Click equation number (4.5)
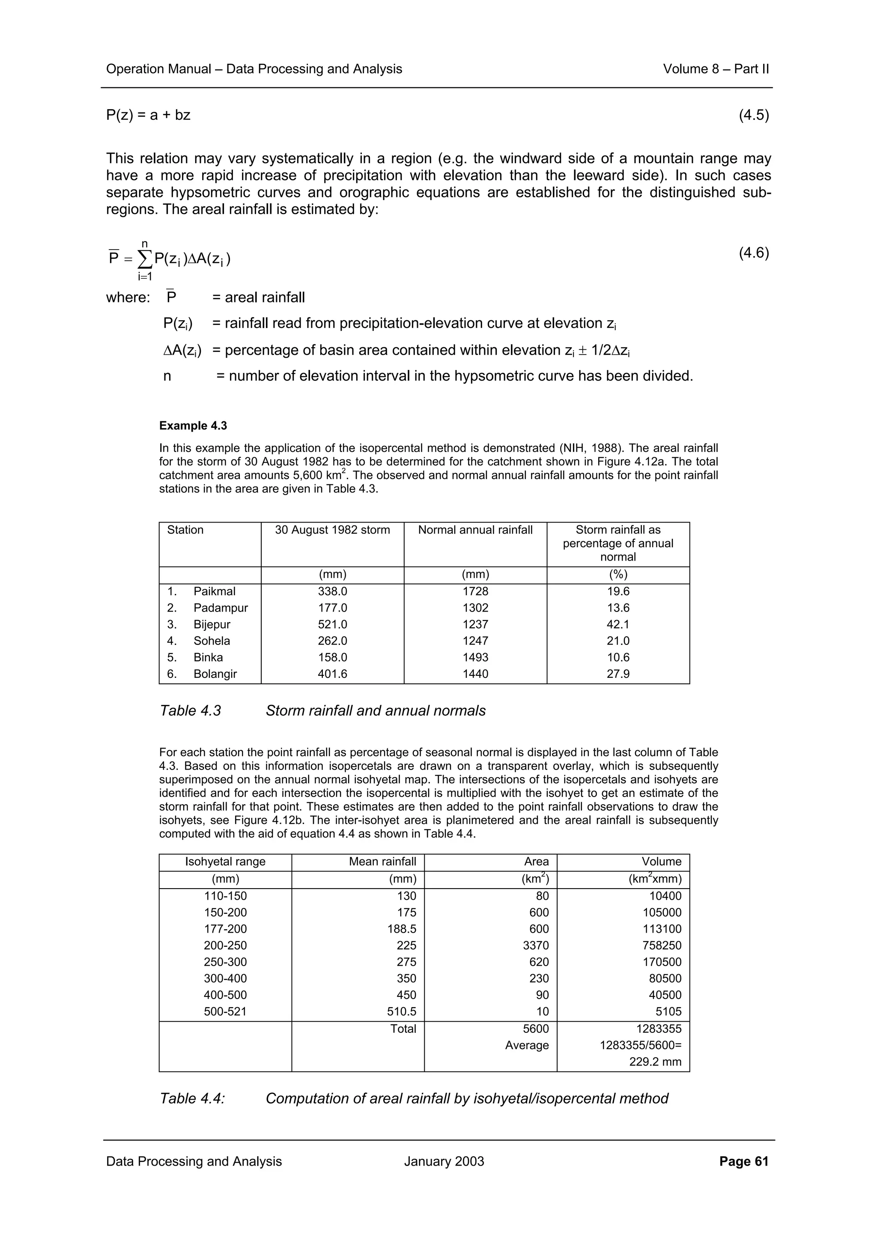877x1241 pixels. coord(753,115)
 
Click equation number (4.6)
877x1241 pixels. coord(753,253)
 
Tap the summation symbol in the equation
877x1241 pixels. coord(144,260)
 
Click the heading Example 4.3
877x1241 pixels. coord(193,426)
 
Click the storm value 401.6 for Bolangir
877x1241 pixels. coord(332,674)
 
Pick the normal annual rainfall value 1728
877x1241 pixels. coord(475,591)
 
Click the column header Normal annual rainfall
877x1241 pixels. coord(475,530)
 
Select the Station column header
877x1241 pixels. coord(185,530)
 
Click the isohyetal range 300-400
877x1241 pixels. coord(225,978)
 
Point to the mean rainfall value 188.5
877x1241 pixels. coord(402,929)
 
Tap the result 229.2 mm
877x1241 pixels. coord(655,1062)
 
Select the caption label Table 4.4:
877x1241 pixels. coord(192,1099)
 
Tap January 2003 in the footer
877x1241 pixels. coord(444,1161)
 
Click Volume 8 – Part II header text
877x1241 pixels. coord(716,69)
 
